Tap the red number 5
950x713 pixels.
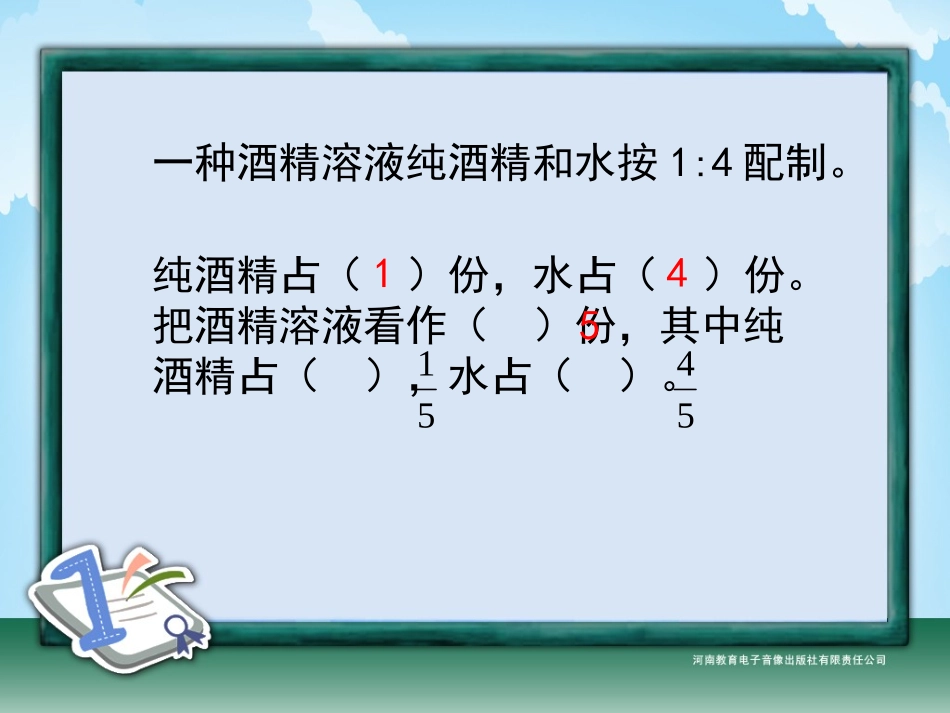pos(590,326)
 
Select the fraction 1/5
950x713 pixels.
pos(425,389)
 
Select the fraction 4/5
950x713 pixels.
pos(685,389)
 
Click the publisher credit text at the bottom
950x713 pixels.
pos(788,660)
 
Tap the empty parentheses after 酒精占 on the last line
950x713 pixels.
pos(341,378)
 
